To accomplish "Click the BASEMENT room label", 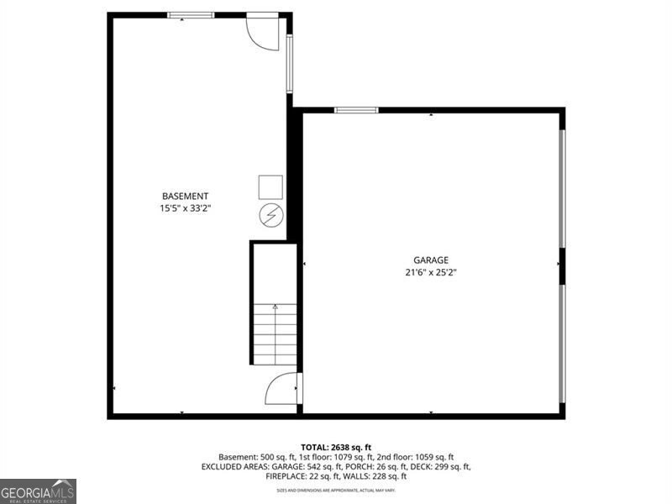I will (x=185, y=196).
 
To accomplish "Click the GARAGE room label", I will (x=430, y=260).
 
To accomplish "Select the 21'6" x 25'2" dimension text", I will (x=430, y=272).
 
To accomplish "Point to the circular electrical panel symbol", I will (x=270, y=216).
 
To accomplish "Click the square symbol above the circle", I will (x=270, y=186).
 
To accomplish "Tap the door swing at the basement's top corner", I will (x=263, y=32).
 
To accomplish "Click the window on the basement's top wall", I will (x=191, y=15).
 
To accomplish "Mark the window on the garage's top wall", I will (x=356, y=110).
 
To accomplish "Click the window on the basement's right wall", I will (x=290, y=63).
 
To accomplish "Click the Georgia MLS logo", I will (x=38, y=491).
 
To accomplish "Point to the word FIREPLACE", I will (x=288, y=476).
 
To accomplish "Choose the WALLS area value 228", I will (x=375, y=476).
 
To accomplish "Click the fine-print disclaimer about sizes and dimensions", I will (x=336, y=490).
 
